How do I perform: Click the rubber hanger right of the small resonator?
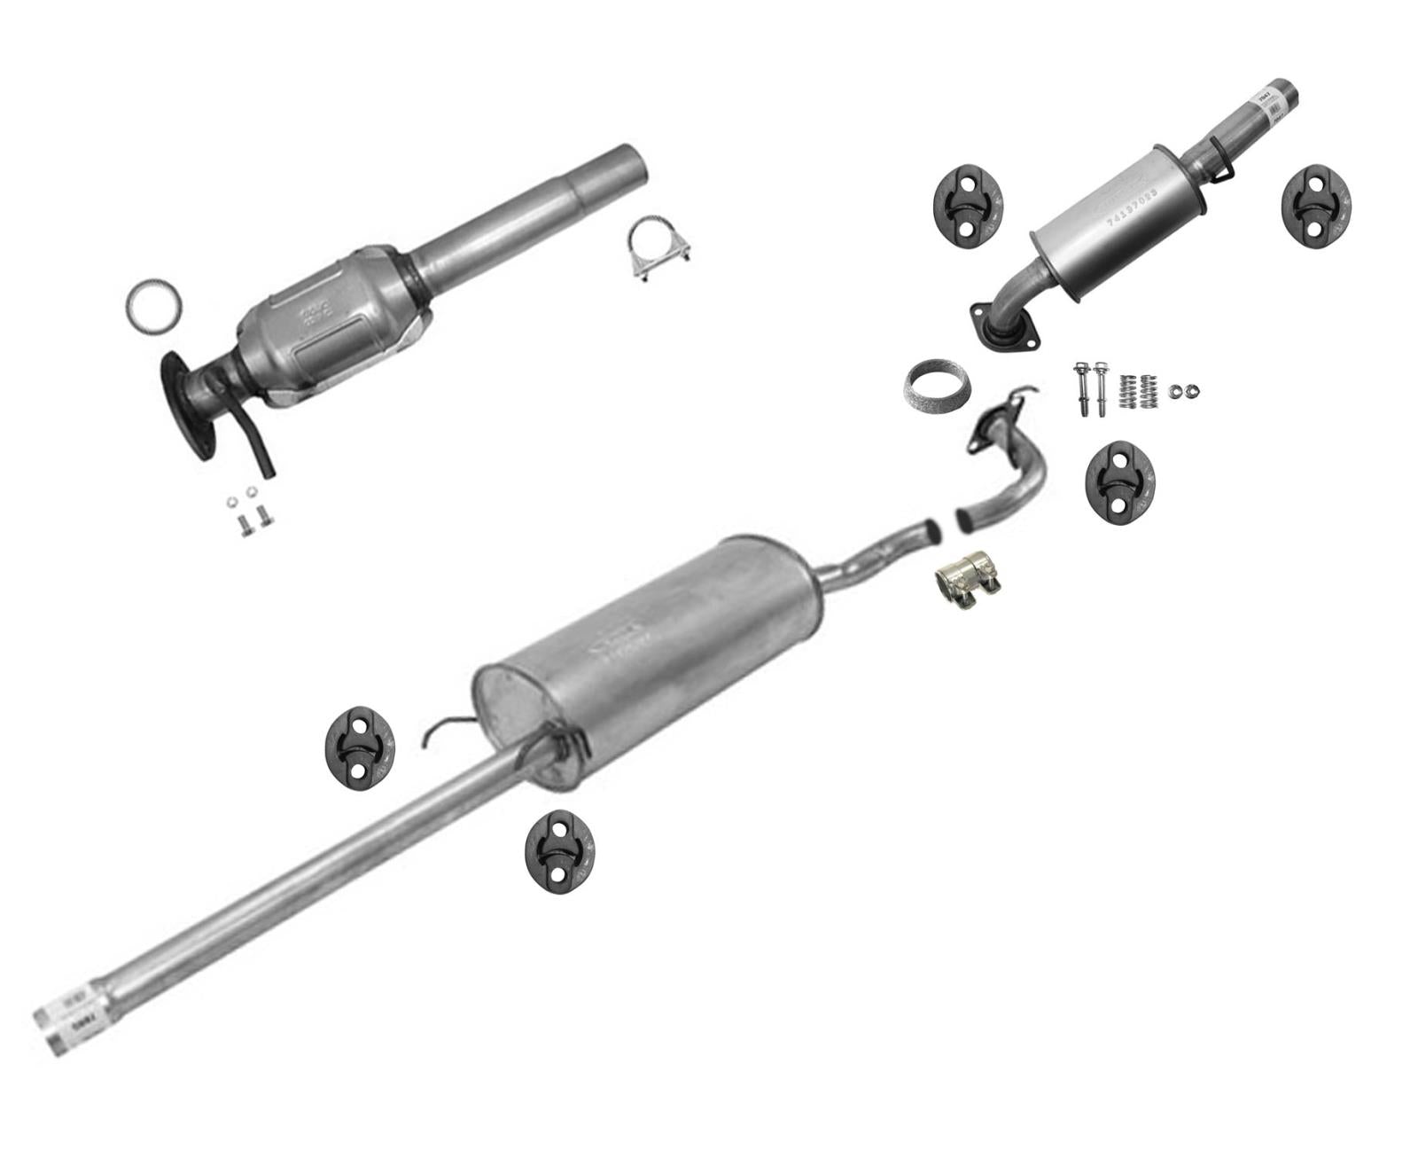click(x=1317, y=203)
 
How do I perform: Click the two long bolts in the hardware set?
click(x=1090, y=390)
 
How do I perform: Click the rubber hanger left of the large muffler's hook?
click(x=359, y=746)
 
